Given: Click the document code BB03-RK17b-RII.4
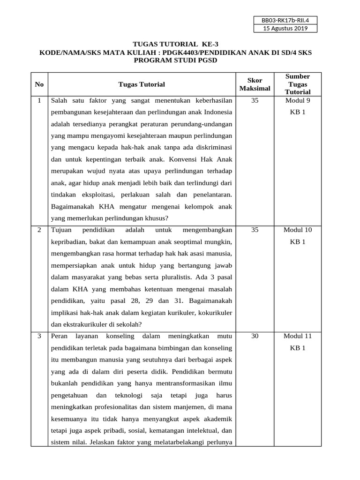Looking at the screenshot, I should tap(285, 20).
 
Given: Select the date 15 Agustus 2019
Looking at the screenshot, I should tap(285, 29).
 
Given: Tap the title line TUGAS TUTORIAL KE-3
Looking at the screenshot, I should tap(175, 45).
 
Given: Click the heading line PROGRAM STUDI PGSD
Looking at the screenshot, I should tap(175, 61).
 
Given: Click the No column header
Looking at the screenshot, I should tap(39, 84).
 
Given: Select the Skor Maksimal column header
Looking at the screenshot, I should tap(255, 84).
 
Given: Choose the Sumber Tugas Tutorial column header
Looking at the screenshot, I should tap(297, 84).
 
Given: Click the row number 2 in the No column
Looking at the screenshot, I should tap(39, 230).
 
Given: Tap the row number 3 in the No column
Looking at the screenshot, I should tap(39, 336).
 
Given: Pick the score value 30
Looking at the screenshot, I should tap(255, 336).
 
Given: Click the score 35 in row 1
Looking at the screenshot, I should tap(255, 100).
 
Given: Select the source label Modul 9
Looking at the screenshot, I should tap(297, 100).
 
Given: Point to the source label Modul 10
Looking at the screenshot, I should tap(297, 230).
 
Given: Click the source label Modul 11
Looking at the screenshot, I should tap(297, 336).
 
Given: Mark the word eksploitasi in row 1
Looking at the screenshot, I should tap(98, 194).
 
